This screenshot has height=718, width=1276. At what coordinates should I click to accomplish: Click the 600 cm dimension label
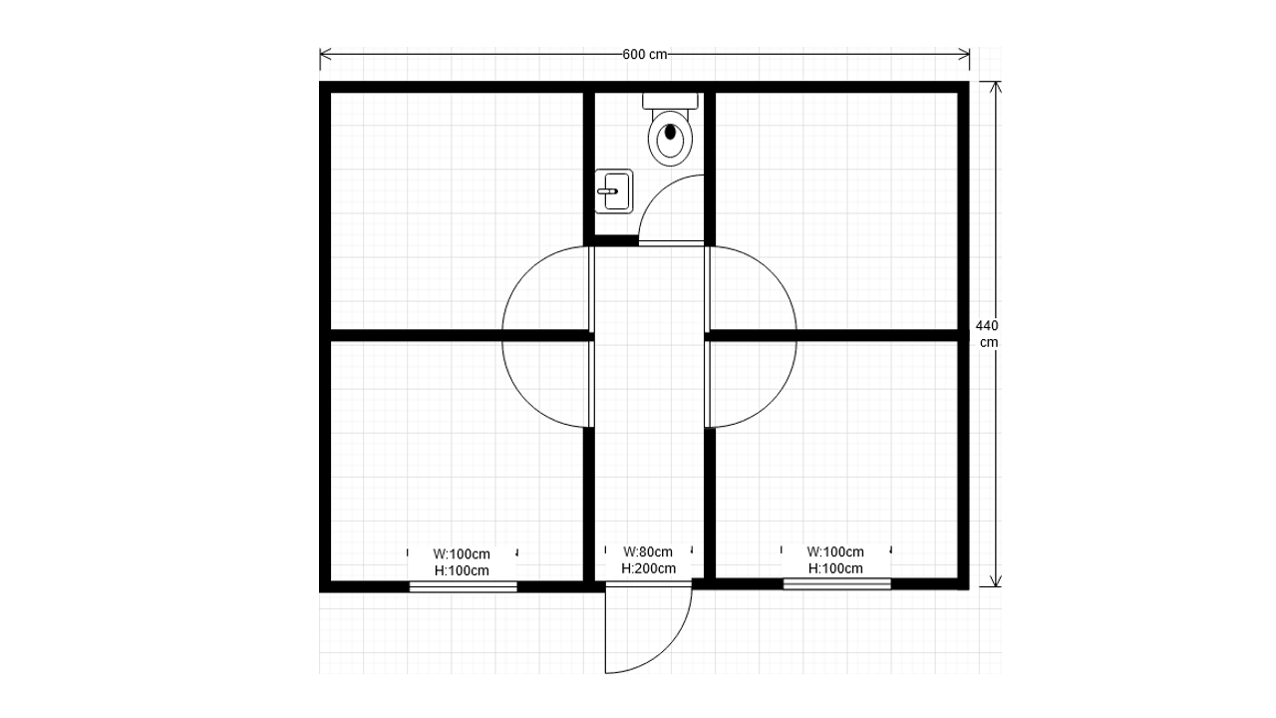click(644, 55)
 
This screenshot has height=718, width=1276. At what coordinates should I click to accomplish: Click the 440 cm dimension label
click(987, 334)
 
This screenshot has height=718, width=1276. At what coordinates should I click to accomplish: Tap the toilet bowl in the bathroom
click(671, 138)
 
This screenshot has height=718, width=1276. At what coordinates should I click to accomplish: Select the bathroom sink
click(614, 191)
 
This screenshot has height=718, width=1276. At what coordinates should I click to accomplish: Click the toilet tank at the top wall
click(671, 101)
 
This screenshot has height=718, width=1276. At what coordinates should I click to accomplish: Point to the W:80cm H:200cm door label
click(648, 560)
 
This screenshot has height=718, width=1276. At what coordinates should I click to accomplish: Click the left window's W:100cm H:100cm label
click(462, 562)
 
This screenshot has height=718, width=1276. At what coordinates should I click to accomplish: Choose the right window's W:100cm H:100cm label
click(835, 560)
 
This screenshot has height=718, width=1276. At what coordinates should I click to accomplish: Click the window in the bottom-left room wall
click(464, 586)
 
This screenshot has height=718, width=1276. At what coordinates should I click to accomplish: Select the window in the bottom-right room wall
click(836, 583)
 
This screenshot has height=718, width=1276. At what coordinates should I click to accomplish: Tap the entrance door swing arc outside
click(667, 648)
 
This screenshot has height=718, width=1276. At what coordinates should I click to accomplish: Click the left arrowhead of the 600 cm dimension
click(325, 55)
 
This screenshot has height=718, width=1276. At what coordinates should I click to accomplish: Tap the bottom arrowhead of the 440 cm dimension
click(995, 580)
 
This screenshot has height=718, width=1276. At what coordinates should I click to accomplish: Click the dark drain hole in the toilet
click(671, 132)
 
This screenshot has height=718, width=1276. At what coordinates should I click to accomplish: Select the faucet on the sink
click(607, 191)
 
